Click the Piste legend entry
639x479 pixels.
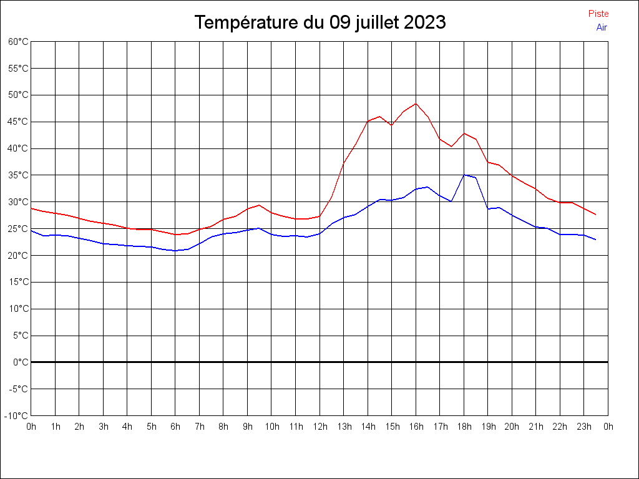point(598,14)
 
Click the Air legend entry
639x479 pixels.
point(602,27)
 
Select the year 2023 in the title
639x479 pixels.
point(424,22)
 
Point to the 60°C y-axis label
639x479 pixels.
point(18,42)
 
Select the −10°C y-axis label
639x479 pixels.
point(17,416)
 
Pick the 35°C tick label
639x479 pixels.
point(18,175)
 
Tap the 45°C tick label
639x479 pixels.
point(18,122)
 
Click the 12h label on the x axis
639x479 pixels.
point(319,427)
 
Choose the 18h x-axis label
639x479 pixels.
point(464,427)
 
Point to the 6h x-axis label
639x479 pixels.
point(175,427)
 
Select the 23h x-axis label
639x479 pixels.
point(583,427)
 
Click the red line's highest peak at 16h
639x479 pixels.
point(416,104)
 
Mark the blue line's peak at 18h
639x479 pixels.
point(464,175)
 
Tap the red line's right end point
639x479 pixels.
point(596,215)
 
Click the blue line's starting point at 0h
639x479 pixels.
point(31,230)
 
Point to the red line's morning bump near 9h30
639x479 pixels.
point(260,205)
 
